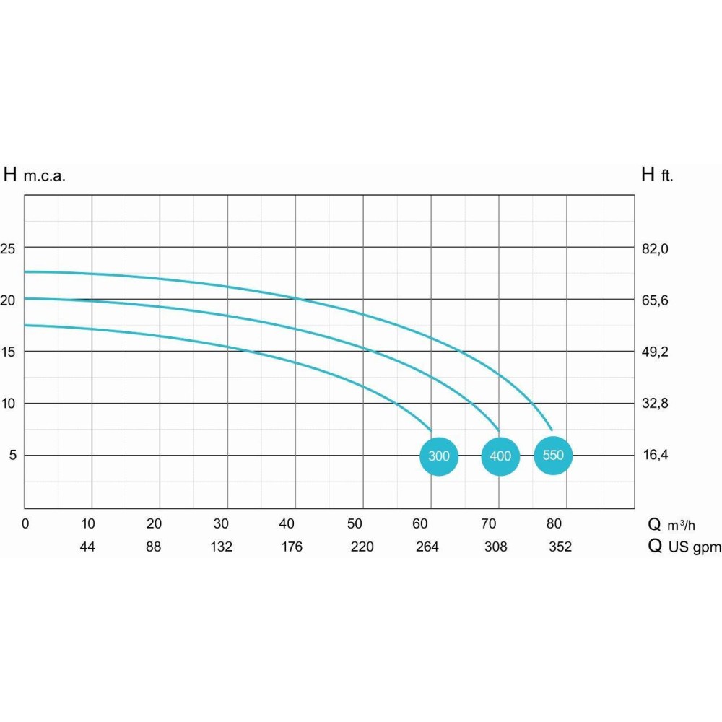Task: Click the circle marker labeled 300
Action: (x=439, y=456)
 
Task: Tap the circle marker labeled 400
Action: (x=500, y=456)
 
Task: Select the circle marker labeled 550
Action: (x=553, y=456)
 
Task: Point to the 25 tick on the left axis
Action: (x=8, y=248)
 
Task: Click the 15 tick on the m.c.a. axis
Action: (x=8, y=352)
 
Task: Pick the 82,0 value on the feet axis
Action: (x=655, y=248)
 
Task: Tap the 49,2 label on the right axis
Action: (x=655, y=352)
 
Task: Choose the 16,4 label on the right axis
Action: (x=655, y=455)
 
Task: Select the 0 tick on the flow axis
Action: (x=25, y=523)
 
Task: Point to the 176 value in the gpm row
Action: (x=292, y=547)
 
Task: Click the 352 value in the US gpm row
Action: (x=560, y=547)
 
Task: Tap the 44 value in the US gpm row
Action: (x=87, y=547)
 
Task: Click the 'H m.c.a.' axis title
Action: (x=35, y=175)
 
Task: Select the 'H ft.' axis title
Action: (x=656, y=175)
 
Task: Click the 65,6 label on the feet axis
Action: (x=655, y=300)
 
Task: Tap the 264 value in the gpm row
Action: (x=427, y=547)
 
